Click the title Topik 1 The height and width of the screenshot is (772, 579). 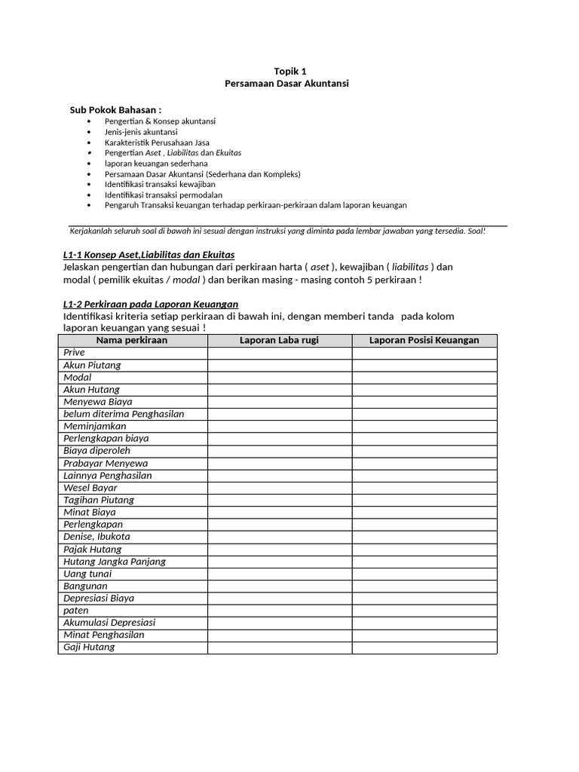tap(286, 70)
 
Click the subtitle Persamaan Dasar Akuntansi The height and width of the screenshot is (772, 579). tap(286, 83)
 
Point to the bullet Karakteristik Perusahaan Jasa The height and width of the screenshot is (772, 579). tap(157, 142)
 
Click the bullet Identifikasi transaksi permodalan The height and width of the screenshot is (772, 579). tap(158, 195)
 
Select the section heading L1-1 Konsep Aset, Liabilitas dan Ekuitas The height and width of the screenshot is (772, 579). tap(149, 255)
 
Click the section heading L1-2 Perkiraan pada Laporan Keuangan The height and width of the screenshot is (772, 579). tap(146, 304)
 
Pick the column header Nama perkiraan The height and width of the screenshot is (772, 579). tap(132, 341)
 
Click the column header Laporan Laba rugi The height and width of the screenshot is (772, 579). tap(279, 341)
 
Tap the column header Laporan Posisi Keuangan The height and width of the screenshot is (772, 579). tap(424, 341)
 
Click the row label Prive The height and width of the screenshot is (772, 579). tap(75, 353)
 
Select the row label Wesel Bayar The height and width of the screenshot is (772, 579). tap(90, 488)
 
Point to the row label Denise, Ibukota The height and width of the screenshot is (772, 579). tap(97, 537)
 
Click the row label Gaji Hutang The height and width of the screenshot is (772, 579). tap(89, 647)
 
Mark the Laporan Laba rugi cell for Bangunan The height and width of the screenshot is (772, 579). tap(279, 586)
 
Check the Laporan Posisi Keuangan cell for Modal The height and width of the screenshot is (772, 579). tap(424, 377)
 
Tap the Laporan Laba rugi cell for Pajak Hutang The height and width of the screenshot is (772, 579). tap(279, 549)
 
